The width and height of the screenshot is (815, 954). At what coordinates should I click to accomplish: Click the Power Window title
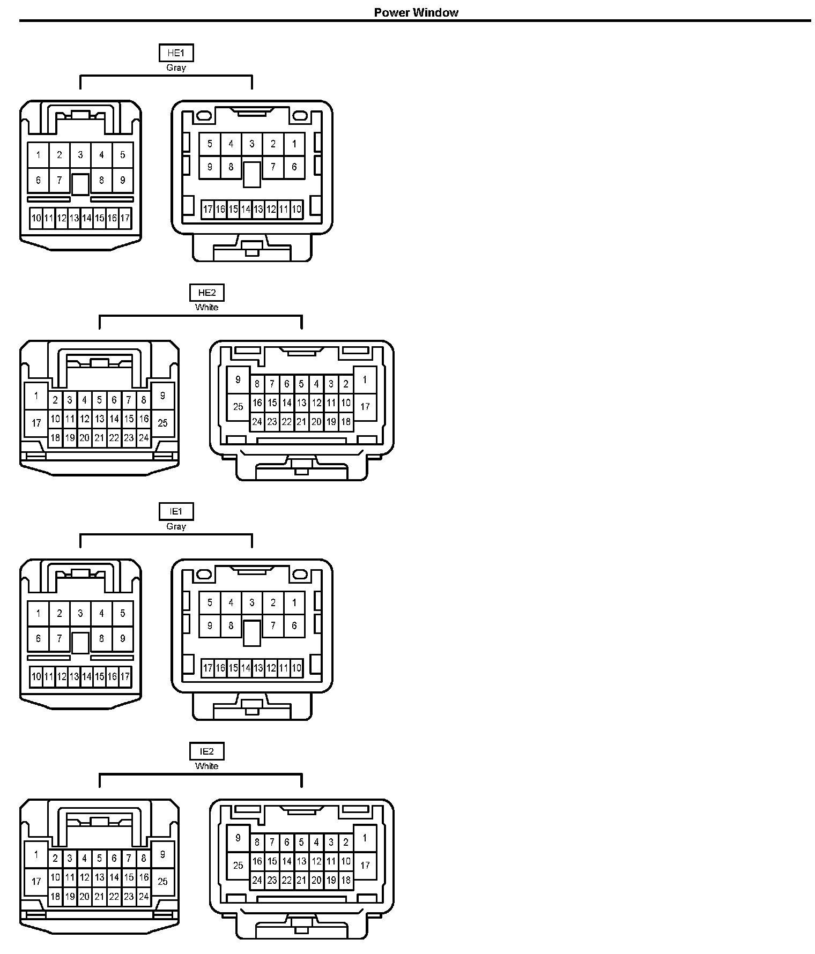(x=416, y=12)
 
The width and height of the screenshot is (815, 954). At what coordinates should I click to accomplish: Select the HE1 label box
(x=176, y=53)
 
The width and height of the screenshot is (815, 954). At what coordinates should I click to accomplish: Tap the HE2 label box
(x=207, y=293)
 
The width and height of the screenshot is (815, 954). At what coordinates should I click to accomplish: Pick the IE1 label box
(x=176, y=511)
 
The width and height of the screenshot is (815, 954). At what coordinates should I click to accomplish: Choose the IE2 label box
(x=207, y=751)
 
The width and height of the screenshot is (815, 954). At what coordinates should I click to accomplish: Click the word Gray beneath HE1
(x=176, y=68)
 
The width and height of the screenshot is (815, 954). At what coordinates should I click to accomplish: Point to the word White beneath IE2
(x=207, y=766)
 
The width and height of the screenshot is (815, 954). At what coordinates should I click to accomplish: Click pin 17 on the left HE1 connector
(x=125, y=218)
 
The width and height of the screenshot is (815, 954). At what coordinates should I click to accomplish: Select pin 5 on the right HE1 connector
(x=210, y=144)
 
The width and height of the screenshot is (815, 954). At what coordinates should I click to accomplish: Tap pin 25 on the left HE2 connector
(x=162, y=423)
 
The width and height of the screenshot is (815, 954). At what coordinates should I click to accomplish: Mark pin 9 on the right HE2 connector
(x=238, y=380)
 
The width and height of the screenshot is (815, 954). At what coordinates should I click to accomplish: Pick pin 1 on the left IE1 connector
(x=38, y=613)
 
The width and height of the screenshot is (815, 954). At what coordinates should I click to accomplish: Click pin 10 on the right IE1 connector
(x=297, y=668)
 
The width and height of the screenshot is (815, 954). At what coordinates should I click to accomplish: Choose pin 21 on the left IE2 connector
(x=99, y=896)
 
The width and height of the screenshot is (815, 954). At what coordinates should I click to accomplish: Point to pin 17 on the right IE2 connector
(x=365, y=866)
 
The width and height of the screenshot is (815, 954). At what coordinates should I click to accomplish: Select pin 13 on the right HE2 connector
(x=301, y=403)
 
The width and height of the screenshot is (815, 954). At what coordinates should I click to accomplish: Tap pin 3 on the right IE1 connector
(x=252, y=602)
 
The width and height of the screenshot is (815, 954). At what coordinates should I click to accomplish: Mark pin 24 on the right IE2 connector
(x=257, y=880)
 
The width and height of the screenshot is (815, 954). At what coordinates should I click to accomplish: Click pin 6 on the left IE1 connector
(x=38, y=638)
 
